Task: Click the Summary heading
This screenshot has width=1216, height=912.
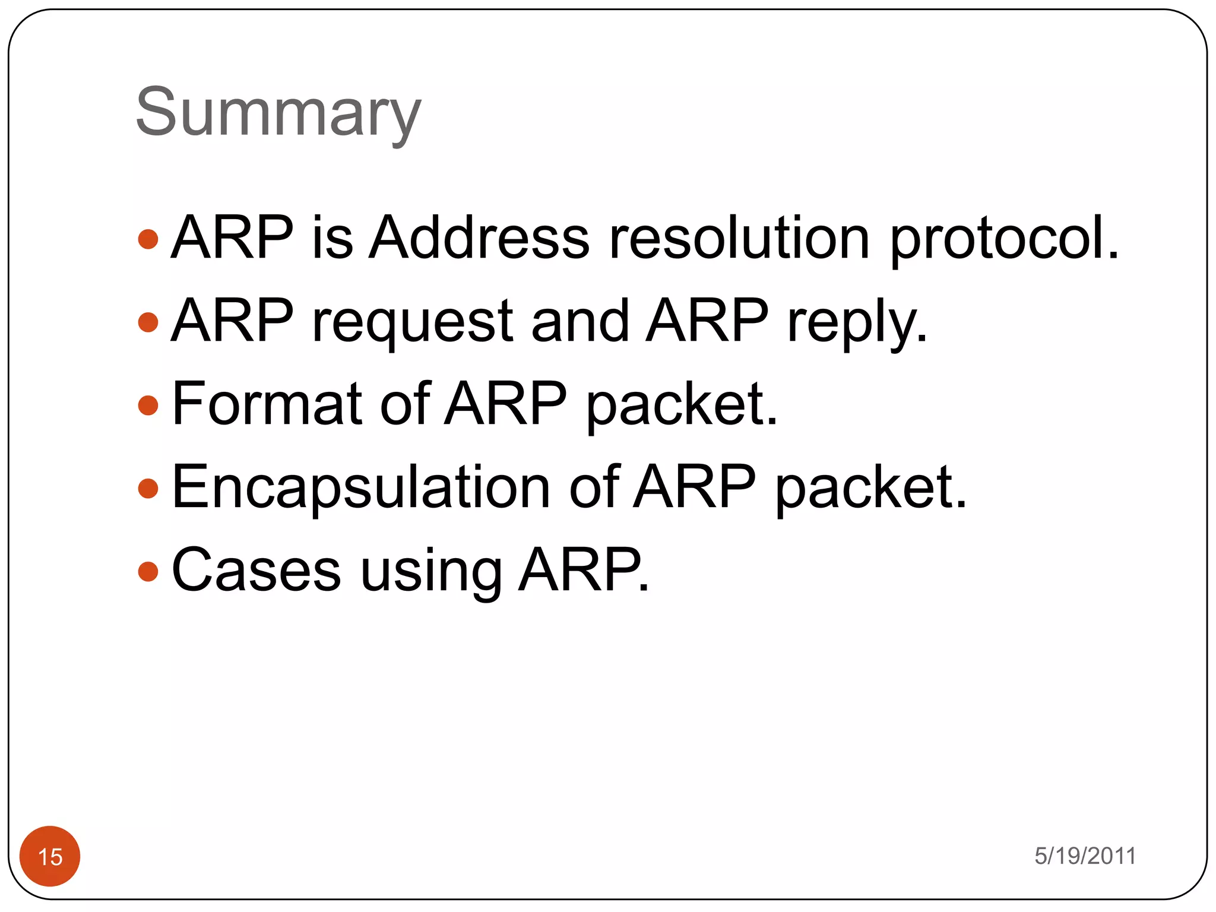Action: point(278,113)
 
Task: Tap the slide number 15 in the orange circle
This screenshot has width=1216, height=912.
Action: point(50,857)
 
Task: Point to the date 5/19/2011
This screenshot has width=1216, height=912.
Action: point(1085,856)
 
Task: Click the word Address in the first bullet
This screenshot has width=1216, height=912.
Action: point(479,237)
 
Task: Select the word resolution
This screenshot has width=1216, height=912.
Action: point(739,237)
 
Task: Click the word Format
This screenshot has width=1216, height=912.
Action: point(267,404)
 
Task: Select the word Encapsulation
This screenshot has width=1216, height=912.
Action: point(361,488)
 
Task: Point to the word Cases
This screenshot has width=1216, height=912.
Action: point(256,570)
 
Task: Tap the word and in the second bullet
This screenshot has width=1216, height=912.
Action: point(579,321)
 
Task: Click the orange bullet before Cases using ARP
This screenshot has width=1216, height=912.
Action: point(148,572)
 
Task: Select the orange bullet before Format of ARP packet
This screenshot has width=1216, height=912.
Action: point(148,406)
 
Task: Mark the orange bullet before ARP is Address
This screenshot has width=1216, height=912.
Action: point(148,239)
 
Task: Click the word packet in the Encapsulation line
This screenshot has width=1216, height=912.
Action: point(871,488)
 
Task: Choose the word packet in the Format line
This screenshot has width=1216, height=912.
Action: point(682,405)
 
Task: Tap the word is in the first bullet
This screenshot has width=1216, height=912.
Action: point(332,237)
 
